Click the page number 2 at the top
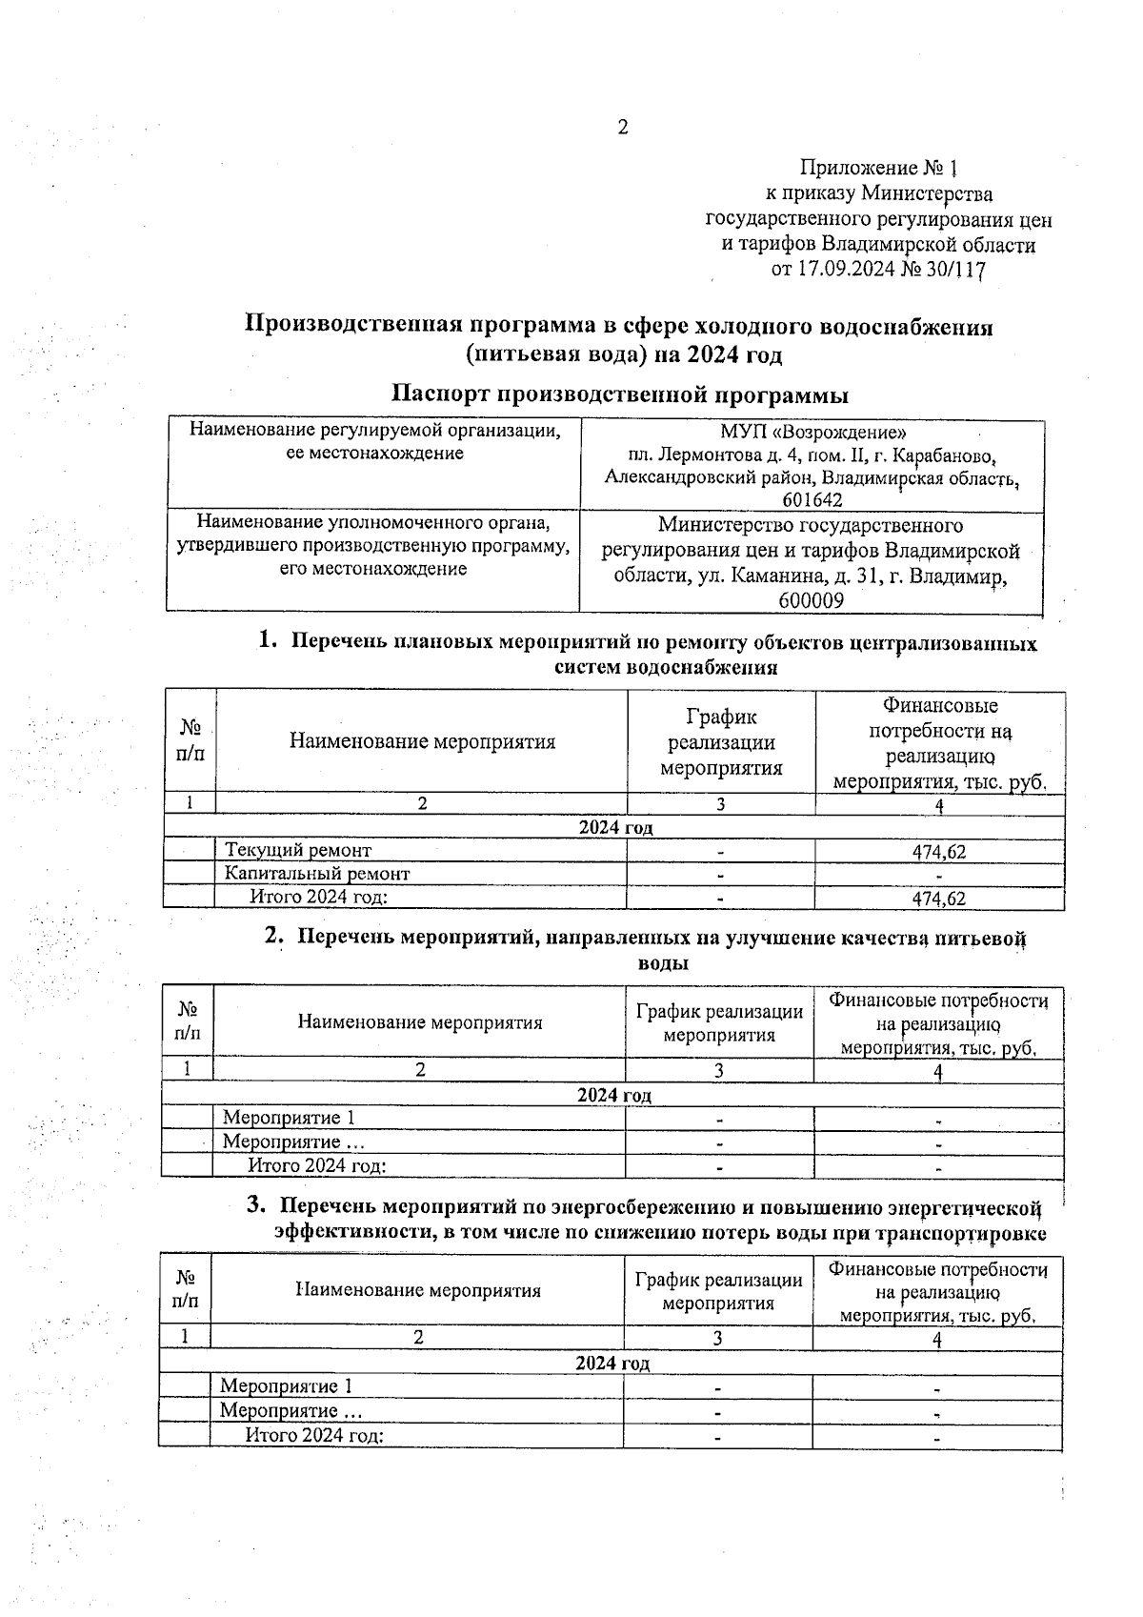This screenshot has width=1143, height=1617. [623, 128]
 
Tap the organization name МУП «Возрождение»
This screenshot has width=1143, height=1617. [812, 431]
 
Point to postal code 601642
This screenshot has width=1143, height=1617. [812, 500]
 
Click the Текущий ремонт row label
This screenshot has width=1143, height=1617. [298, 850]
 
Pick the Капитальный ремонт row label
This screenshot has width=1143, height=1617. [317, 873]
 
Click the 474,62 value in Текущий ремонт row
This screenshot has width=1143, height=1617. [939, 852]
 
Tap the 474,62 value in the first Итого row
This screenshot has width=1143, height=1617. [939, 899]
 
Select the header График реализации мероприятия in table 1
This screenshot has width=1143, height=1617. [721, 742]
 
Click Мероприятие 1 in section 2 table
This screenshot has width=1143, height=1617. [289, 1118]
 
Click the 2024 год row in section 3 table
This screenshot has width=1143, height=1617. [612, 1364]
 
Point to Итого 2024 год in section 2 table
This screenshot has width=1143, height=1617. [316, 1164]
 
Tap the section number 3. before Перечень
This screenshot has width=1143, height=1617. [255, 1205]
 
